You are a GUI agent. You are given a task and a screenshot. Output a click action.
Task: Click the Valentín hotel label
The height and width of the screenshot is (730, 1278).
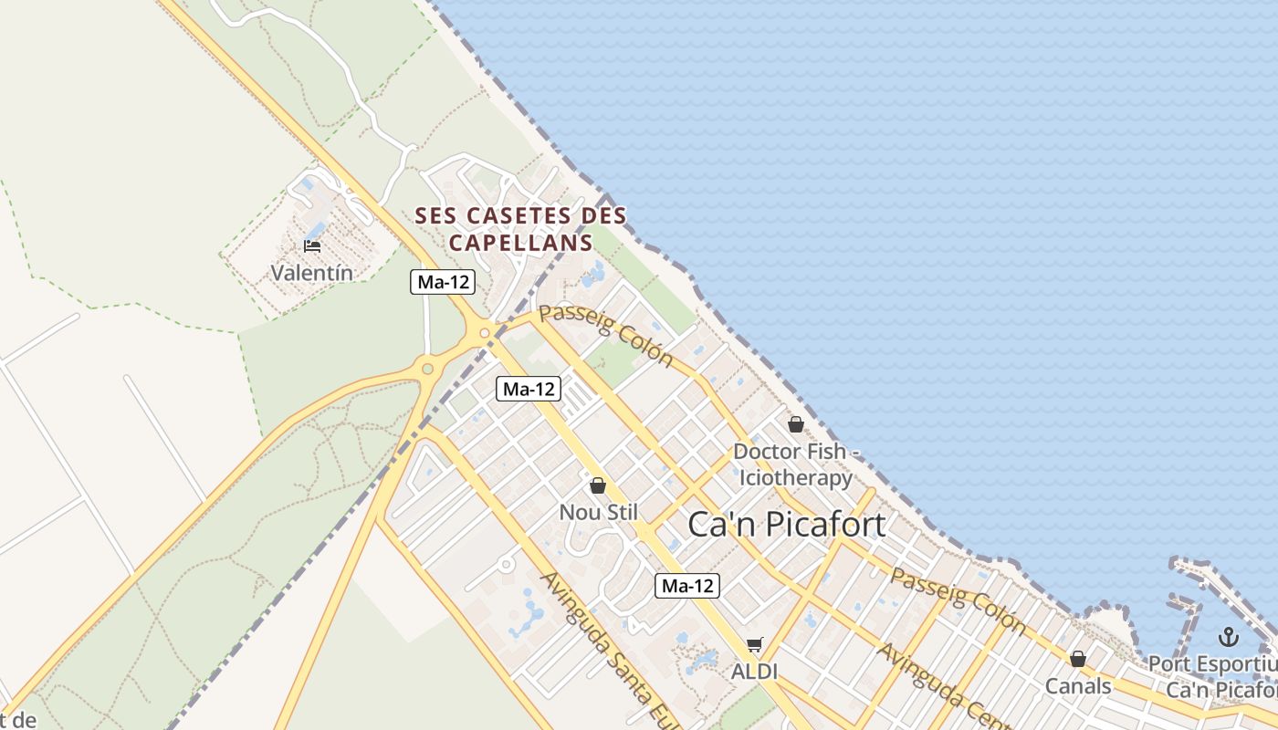point(311,272)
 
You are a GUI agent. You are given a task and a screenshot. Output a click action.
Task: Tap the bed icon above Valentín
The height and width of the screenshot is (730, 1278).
point(311,246)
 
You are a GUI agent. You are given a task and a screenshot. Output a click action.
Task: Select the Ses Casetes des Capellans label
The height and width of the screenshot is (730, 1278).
point(520,229)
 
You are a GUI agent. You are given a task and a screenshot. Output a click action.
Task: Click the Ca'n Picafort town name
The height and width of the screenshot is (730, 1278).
point(786,525)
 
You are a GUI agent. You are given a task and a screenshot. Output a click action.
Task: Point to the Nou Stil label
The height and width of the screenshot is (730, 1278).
point(599,512)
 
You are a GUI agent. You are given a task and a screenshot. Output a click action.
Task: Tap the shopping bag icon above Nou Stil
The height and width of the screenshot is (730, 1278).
point(598,485)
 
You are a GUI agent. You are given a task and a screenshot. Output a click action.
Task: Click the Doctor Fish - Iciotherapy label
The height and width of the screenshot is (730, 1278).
point(795,464)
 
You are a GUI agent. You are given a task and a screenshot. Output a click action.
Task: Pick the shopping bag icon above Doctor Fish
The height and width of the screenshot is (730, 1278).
point(796,424)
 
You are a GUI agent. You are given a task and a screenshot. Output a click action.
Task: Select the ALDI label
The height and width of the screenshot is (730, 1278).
point(754,671)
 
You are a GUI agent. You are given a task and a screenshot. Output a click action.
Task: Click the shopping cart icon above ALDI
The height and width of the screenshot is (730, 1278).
point(754,645)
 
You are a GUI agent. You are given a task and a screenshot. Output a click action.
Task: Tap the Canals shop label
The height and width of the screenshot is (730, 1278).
point(1078,685)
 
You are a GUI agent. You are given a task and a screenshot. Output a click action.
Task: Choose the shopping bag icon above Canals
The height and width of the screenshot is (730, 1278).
point(1078,659)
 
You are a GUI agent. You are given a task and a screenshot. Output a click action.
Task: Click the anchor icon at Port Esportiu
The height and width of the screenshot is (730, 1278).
point(1228,637)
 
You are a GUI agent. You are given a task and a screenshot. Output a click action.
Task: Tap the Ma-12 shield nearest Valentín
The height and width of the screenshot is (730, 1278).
point(443,282)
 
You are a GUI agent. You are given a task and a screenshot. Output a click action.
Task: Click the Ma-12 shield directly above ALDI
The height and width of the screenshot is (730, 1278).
point(687,586)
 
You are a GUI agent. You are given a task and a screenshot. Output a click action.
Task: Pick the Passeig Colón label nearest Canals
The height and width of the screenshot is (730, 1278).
point(958,599)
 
